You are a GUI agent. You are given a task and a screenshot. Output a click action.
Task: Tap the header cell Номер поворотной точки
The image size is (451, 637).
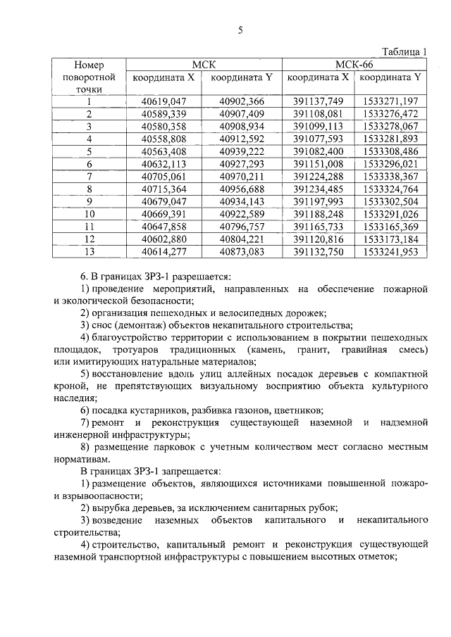[88, 77]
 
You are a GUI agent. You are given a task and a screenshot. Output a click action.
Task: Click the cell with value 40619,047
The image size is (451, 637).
[163, 101]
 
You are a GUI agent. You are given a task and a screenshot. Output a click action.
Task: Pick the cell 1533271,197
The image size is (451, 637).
[390, 101]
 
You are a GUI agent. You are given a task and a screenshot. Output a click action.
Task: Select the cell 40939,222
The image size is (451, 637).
[241, 151]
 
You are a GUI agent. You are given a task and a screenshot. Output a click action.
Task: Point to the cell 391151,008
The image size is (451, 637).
[318, 163]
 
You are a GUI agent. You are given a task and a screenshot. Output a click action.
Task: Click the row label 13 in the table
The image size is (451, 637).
[89, 251]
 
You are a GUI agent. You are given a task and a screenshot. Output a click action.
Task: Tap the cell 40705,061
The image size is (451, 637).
[163, 176]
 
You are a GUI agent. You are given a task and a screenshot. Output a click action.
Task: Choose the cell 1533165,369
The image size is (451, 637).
[390, 226]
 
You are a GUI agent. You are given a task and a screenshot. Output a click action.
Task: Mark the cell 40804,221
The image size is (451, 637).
[241, 239]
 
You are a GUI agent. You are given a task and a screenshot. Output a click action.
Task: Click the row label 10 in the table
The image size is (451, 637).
[89, 213]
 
